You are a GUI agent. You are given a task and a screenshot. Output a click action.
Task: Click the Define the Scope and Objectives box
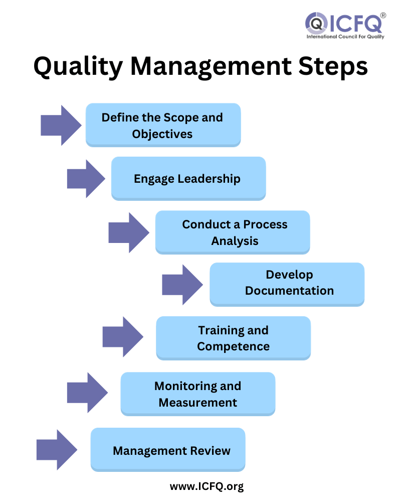[163, 125]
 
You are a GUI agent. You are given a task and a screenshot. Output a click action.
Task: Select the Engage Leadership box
[188, 179]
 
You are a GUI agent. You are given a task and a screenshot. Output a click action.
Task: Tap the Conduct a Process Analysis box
[233, 232]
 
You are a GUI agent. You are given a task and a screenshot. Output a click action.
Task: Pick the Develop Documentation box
[287, 285]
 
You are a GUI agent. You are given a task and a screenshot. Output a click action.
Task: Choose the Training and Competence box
[233, 338]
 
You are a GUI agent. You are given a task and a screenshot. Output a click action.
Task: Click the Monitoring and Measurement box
[197, 394]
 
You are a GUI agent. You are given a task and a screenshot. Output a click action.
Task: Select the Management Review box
[168, 450]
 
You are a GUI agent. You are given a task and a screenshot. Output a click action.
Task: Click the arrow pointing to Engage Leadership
[86, 179]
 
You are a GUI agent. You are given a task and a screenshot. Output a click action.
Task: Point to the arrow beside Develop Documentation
[182, 285]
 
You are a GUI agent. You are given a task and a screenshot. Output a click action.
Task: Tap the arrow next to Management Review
[57, 450]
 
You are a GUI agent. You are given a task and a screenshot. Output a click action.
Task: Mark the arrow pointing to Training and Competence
[123, 337]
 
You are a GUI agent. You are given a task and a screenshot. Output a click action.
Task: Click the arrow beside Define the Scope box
[61, 125]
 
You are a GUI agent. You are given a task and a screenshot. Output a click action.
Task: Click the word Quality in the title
[78, 67]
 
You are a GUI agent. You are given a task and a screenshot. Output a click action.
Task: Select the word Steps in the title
[333, 67]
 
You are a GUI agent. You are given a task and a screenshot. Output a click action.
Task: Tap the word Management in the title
[211, 67]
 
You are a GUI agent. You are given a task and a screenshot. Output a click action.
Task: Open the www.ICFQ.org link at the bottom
[207, 486]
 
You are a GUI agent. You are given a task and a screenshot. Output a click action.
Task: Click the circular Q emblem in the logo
[316, 24]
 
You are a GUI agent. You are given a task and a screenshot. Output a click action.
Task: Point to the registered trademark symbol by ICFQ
[383, 16]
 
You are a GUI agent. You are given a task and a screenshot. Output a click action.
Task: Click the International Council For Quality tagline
[345, 37]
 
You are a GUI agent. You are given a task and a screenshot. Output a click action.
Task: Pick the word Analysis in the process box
[235, 241]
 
